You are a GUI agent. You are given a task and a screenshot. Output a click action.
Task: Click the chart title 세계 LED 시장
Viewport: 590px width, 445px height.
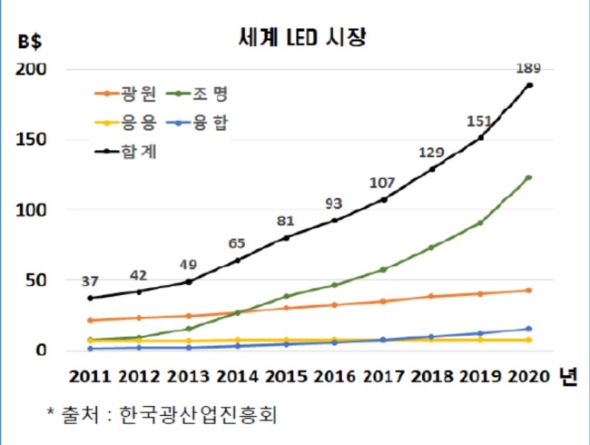[302, 37]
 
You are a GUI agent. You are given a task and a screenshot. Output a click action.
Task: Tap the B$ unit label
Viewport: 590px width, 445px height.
[30, 41]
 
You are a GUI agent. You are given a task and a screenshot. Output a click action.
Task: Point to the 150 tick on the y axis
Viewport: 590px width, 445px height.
[31, 140]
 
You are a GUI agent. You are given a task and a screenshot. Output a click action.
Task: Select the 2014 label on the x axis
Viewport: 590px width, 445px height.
[237, 377]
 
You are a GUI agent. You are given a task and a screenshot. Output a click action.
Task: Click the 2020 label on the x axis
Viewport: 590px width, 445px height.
[529, 377]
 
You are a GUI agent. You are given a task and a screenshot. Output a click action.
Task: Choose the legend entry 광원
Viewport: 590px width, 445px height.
[125, 94]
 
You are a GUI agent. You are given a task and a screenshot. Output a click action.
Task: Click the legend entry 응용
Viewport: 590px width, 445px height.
[125, 123]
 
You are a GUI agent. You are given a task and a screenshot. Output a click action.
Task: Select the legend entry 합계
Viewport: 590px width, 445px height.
[125, 152]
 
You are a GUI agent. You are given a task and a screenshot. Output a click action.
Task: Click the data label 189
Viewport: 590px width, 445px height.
[528, 68]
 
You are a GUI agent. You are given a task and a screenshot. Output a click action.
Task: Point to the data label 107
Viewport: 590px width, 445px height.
[382, 183]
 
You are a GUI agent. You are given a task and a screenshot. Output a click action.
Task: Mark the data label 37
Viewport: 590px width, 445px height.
[90, 282]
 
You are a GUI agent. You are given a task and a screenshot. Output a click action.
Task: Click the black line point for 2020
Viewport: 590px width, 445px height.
[529, 85]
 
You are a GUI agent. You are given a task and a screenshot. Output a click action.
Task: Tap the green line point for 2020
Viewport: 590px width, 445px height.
[528, 178]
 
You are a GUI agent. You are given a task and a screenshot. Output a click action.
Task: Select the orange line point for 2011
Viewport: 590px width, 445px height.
[90, 321]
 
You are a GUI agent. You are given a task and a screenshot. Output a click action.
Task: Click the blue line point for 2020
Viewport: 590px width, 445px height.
[528, 329]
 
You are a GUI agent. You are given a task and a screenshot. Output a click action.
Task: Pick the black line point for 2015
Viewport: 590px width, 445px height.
[286, 238]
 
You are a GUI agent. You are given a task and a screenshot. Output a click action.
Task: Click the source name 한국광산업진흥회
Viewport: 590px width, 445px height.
[198, 415]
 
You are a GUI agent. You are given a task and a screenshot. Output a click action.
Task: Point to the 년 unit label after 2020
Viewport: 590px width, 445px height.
[568, 376]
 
